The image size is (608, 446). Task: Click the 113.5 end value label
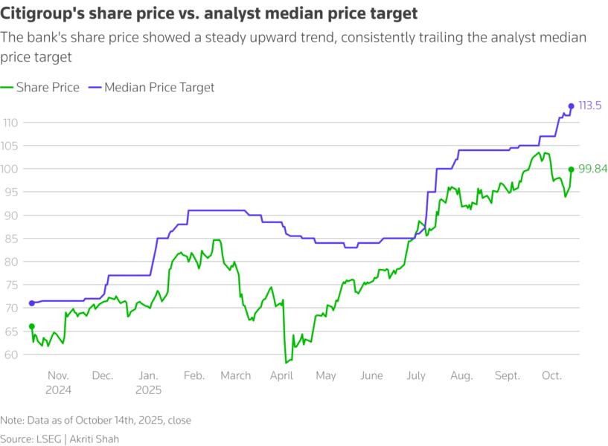click(590, 106)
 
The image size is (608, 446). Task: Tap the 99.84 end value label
click(592, 169)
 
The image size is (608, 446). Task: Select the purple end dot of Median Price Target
click(571, 106)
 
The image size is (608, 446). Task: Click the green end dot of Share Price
click(571, 169)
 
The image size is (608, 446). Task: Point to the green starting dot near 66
click(31, 326)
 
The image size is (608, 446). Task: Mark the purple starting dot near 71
click(31, 303)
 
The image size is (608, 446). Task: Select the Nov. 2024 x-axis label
click(58, 382)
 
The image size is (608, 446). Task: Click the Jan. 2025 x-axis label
click(148, 382)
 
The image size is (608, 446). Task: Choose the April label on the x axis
click(281, 376)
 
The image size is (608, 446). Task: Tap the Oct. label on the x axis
click(552, 376)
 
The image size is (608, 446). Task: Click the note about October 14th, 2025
click(95, 420)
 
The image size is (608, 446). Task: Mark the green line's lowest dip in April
click(285, 363)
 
